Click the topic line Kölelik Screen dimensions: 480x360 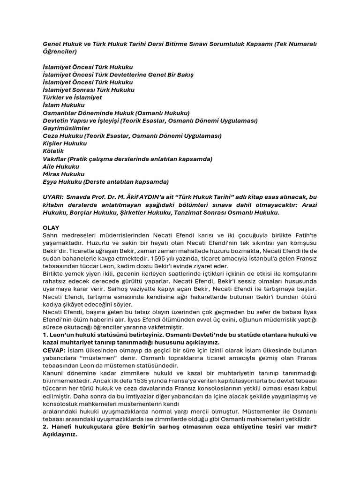[x=53, y=151]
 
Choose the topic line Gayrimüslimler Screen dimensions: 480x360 [x=66, y=128]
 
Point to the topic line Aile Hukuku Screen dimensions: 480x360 [x=61, y=166]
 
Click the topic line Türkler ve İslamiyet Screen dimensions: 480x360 [x=72, y=97]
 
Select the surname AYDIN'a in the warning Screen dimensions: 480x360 [x=152, y=197]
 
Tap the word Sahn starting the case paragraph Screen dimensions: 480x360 [x=50, y=235]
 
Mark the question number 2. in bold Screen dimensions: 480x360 [x=45, y=427]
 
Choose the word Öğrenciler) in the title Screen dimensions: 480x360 [x=60, y=52]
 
